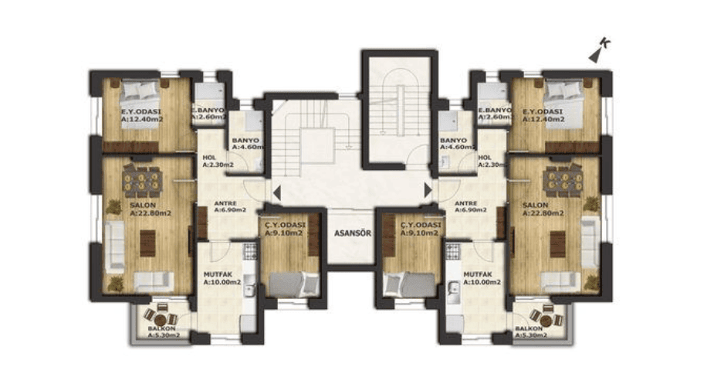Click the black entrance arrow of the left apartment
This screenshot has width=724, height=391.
click(x=276, y=189)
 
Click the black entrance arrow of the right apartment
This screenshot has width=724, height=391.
click(x=427, y=189)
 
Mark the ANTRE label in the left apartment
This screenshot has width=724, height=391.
click(x=230, y=206)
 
